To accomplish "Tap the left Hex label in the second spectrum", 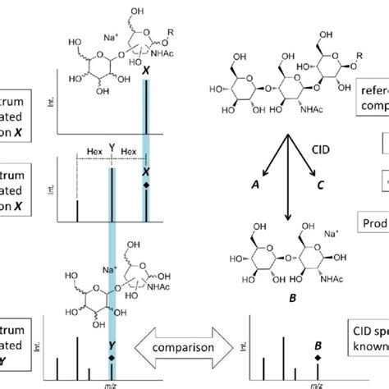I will [93, 152].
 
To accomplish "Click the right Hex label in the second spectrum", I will [129, 152].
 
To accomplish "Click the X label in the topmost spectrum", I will [146, 72].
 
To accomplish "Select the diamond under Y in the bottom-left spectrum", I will [112, 358].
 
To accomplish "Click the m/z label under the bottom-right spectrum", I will [315, 383].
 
